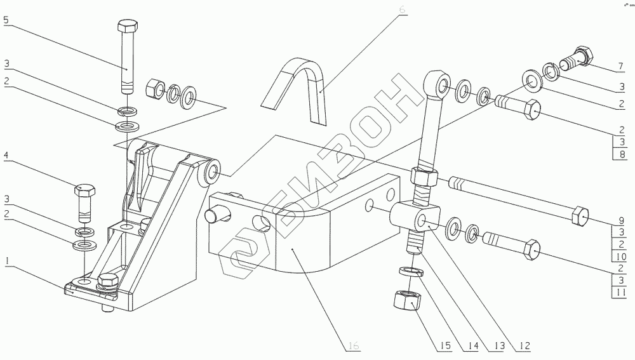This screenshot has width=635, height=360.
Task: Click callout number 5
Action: (x=6, y=20)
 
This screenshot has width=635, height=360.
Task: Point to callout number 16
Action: (x=354, y=346)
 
